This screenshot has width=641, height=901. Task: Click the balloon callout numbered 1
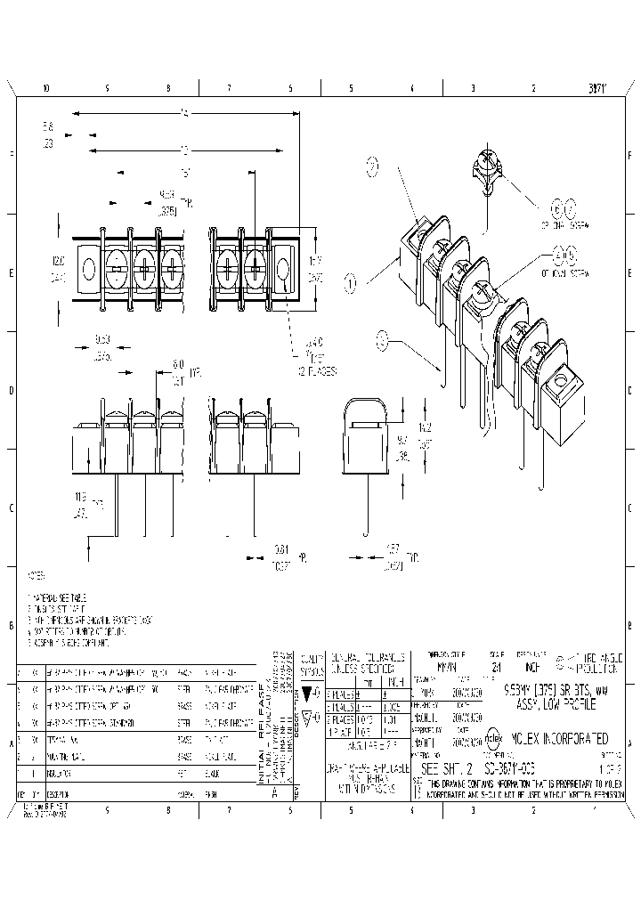[x=351, y=283]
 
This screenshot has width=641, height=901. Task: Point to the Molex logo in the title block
[x=493, y=739]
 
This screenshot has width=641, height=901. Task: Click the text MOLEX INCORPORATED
[x=558, y=739]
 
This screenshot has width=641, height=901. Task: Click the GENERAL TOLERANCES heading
[x=365, y=657]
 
